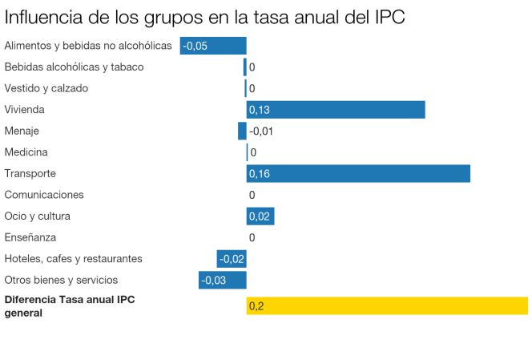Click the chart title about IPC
pyautogui.click(x=204, y=16)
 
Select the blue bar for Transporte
pyautogui.click(x=358, y=173)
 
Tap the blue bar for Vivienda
pyautogui.click(x=336, y=109)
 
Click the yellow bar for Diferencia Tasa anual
pyautogui.click(x=387, y=305)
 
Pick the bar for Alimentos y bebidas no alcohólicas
pyautogui.click(x=213, y=46)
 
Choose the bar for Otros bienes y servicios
pyautogui.click(x=223, y=280)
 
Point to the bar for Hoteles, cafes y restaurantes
pyautogui.click(x=232, y=258)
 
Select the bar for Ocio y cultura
pyautogui.click(x=260, y=216)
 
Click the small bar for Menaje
pyautogui.click(x=242, y=131)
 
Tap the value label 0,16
pyautogui.click(x=260, y=173)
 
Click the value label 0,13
pyautogui.click(x=260, y=109)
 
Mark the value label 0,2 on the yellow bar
pyautogui.click(x=256, y=306)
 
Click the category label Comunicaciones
pyautogui.click(x=44, y=195)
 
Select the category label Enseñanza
pyautogui.click(x=30, y=237)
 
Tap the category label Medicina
pyautogui.click(x=26, y=152)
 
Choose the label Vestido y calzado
pyautogui.click(x=46, y=88)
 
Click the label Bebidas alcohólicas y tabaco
pyautogui.click(x=74, y=67)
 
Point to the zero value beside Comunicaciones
pyautogui.click(x=252, y=195)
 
